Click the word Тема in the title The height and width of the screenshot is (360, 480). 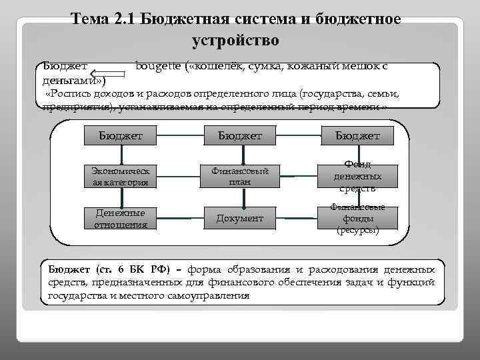click(91, 19)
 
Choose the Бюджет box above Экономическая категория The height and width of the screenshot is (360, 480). click(121, 135)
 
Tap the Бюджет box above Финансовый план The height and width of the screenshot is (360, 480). click(240, 135)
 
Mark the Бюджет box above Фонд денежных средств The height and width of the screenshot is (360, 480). click(358, 135)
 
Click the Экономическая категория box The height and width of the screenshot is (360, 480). click(121, 176)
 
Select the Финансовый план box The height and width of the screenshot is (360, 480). click(240, 176)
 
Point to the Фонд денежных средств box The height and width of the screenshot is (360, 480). click(358, 176)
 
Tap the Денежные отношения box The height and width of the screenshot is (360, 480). click(121, 218)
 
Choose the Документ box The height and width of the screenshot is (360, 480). click(240, 218)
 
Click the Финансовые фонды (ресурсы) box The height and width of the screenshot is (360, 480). click(358, 219)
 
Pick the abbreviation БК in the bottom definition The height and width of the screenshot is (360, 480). click(129, 269)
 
